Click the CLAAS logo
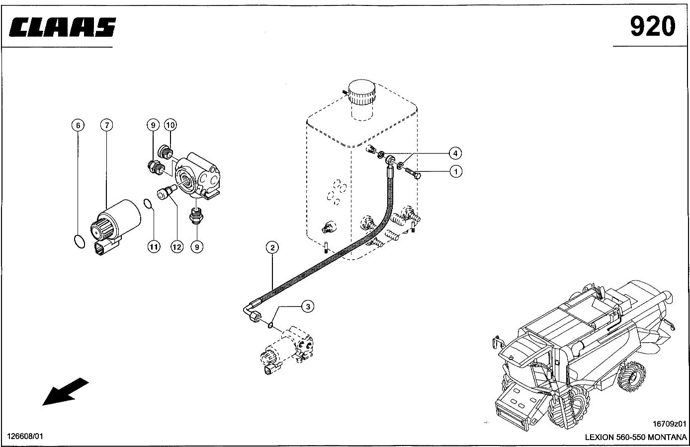pos(63,27)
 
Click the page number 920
pos(652,26)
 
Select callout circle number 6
pos(78,125)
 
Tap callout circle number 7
pos(106,125)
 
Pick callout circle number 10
pos(170,125)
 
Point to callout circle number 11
pos(154,246)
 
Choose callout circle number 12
pos(177,246)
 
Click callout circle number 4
pos(455,153)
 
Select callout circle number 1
pos(456,171)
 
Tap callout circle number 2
pos(272,247)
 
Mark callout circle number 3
pos(308,306)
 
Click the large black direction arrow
pos(65,391)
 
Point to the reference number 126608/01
pos(25,436)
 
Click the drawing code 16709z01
pos(669,424)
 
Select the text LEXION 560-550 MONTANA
pos(635,437)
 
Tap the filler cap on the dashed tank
pos(361,92)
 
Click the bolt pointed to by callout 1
pos(413,173)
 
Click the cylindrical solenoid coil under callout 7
pos(117,219)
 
